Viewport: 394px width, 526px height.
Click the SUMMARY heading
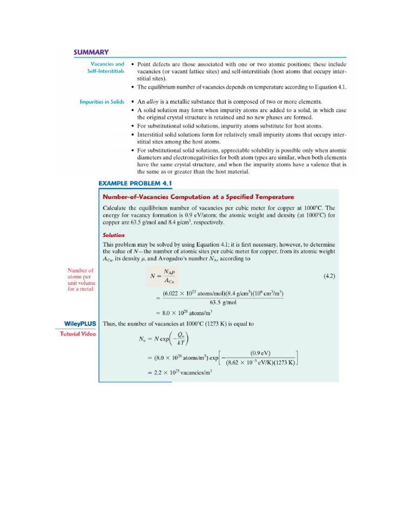click(91, 52)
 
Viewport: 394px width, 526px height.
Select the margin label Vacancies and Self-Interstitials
click(103, 68)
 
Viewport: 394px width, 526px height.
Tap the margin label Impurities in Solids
click(102, 102)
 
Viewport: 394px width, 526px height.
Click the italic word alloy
click(153, 102)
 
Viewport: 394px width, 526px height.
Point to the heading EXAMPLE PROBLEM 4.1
click(135, 183)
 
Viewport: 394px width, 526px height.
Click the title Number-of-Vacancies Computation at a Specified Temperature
click(198, 197)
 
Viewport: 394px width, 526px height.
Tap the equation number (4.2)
click(329, 276)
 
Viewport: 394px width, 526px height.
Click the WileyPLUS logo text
click(76, 324)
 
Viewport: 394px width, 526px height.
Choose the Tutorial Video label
click(77, 334)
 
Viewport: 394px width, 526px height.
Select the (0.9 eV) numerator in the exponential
click(260, 353)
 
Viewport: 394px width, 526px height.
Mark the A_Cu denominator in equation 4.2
click(170, 280)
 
